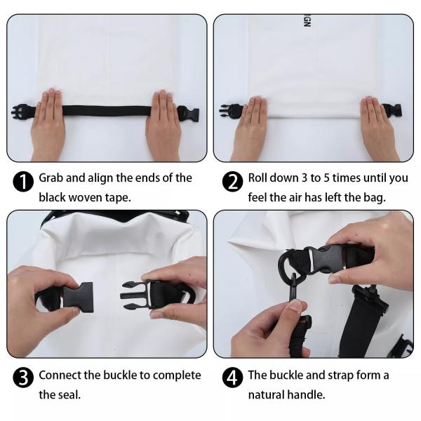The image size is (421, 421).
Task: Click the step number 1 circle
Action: pos(23,182)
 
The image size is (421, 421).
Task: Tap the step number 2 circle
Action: pos(232,182)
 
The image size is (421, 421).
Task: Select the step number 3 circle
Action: pos(23,377)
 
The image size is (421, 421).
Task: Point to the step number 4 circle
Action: pos(232,377)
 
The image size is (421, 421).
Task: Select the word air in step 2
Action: pos(295,198)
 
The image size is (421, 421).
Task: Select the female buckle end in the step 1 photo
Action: pos(188,114)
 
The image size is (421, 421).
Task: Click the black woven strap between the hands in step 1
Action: pos(107,110)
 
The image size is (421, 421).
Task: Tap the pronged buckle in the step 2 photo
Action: pos(230,110)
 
